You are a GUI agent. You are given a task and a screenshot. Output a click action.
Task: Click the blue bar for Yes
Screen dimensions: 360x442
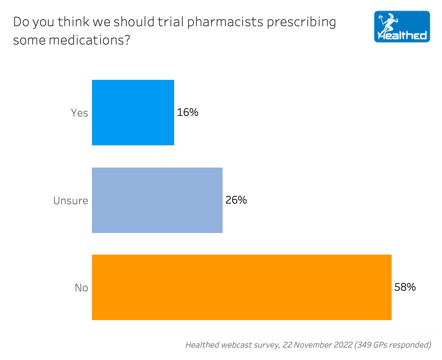pyautogui.click(x=133, y=113)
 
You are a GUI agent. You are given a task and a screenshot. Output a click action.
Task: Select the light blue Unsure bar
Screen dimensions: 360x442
pyautogui.click(x=157, y=200)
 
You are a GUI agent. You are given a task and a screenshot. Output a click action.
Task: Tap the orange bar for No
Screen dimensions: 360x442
pyautogui.click(x=242, y=287)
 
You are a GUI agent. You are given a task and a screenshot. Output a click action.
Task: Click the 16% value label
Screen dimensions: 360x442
pyautogui.click(x=188, y=113)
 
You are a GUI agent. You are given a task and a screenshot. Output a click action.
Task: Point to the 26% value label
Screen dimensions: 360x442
pyautogui.click(x=236, y=200)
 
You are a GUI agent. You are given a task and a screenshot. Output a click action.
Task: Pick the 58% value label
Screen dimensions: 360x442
pyautogui.click(x=405, y=287)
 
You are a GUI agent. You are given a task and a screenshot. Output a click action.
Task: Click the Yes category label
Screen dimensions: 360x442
pyautogui.click(x=80, y=113)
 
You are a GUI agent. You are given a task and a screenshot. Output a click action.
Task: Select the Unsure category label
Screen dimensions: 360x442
pyautogui.click(x=71, y=201)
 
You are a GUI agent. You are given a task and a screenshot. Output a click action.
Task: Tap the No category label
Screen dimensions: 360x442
pyautogui.click(x=82, y=288)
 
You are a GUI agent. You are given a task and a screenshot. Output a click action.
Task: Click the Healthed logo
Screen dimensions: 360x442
pyautogui.click(x=402, y=27)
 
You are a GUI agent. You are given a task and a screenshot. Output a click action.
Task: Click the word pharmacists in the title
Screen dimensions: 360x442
pyautogui.click(x=225, y=22)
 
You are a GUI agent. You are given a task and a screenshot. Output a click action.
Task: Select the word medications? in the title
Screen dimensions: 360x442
pyautogui.click(x=89, y=40)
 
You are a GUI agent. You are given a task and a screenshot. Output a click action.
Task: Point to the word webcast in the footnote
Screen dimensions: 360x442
pyautogui.click(x=235, y=345)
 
